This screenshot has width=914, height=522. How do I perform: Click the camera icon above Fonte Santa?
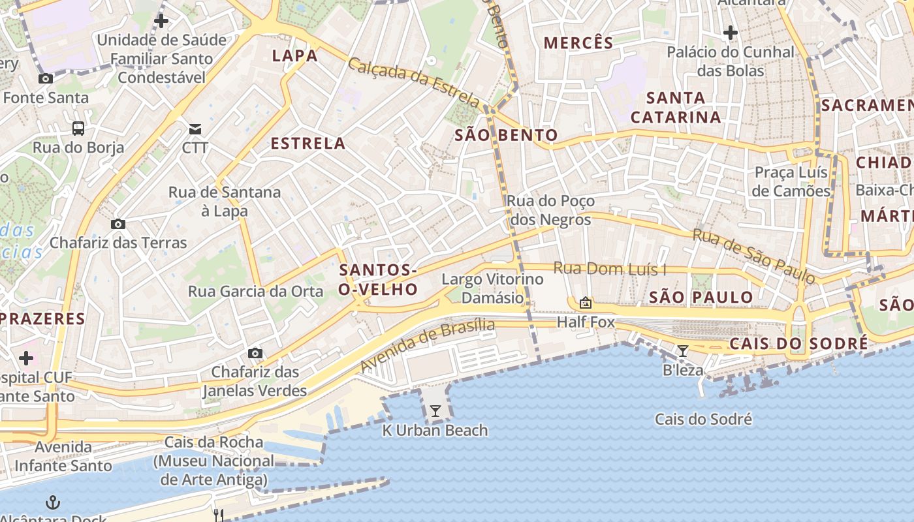click(x=46, y=79)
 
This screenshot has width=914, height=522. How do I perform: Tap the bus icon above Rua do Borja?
click(x=78, y=128)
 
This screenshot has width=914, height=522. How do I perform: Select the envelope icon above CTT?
click(x=195, y=129)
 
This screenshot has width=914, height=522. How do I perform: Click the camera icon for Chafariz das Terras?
click(x=118, y=224)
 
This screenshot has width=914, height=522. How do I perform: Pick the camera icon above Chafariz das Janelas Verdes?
click(x=255, y=353)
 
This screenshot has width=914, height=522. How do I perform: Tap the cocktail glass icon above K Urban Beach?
click(x=435, y=410)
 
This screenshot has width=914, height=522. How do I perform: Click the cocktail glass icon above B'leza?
click(x=683, y=351)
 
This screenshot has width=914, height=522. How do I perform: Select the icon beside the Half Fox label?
click(x=586, y=303)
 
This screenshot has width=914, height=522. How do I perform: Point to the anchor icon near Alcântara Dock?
click(x=53, y=502)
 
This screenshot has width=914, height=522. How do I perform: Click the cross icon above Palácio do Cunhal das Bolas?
click(x=731, y=32)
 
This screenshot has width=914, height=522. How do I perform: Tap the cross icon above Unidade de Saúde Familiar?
click(x=161, y=21)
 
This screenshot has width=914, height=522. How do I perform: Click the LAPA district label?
click(x=295, y=55)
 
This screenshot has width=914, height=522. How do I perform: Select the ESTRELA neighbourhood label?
click(x=308, y=144)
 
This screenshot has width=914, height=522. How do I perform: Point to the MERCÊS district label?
click(x=578, y=43)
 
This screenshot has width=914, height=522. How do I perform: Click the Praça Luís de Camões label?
click(x=791, y=181)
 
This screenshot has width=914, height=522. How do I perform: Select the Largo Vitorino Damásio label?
click(x=492, y=288)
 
